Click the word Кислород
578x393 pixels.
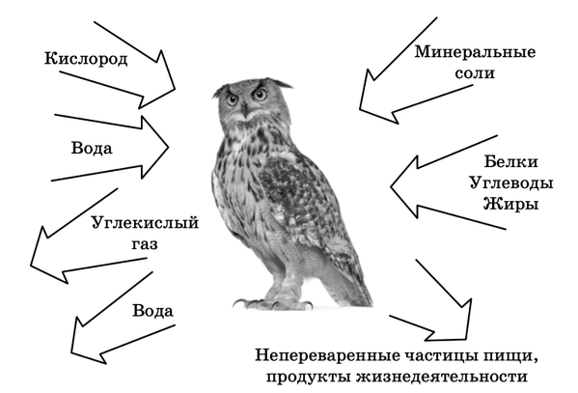click(x=86, y=59)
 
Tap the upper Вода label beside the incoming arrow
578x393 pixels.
click(x=92, y=149)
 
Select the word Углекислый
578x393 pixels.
click(x=145, y=224)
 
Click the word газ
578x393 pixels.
click(x=145, y=244)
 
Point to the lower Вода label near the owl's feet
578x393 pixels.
click(x=152, y=311)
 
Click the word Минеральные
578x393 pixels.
click(x=475, y=52)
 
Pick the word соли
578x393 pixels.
click(x=475, y=73)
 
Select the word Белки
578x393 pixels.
click(x=510, y=161)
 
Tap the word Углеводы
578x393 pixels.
click(x=511, y=183)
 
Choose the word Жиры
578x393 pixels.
click(x=510, y=204)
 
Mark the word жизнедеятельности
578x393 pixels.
click(x=442, y=377)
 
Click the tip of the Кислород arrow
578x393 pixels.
click(x=175, y=89)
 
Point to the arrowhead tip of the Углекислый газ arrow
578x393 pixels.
click(x=31, y=265)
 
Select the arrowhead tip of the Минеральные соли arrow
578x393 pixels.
click(x=360, y=109)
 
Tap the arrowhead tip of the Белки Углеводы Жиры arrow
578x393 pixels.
click(x=391, y=187)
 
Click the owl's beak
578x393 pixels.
click(x=244, y=109)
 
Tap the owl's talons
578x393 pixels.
click(x=273, y=304)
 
